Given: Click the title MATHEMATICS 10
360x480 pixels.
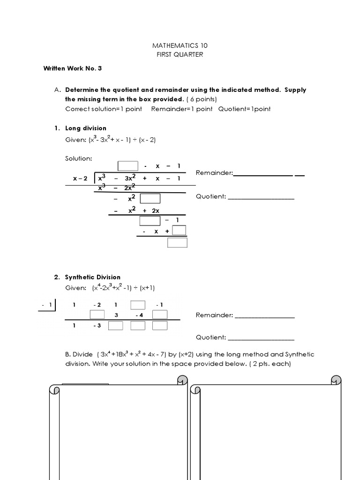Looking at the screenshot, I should (180, 45).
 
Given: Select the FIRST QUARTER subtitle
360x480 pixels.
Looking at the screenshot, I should (180, 54).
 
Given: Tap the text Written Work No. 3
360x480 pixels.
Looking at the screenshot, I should (73, 68).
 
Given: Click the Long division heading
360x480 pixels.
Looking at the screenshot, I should (86, 128).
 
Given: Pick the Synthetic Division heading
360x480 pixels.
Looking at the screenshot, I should (93, 277).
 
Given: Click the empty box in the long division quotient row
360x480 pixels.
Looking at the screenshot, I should (128, 166).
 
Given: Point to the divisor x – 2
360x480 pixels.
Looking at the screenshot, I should (80, 179).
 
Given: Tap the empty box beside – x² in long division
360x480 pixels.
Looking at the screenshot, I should (150, 199).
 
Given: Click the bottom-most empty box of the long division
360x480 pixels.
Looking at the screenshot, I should (177, 242).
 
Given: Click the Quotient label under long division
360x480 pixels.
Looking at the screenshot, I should (211, 197).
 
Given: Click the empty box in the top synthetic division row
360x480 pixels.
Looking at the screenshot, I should (138, 305).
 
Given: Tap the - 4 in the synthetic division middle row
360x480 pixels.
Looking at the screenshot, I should (139, 315).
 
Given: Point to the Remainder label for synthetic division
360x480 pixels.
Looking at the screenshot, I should (214, 315).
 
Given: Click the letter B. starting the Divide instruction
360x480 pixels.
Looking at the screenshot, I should (68, 354).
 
